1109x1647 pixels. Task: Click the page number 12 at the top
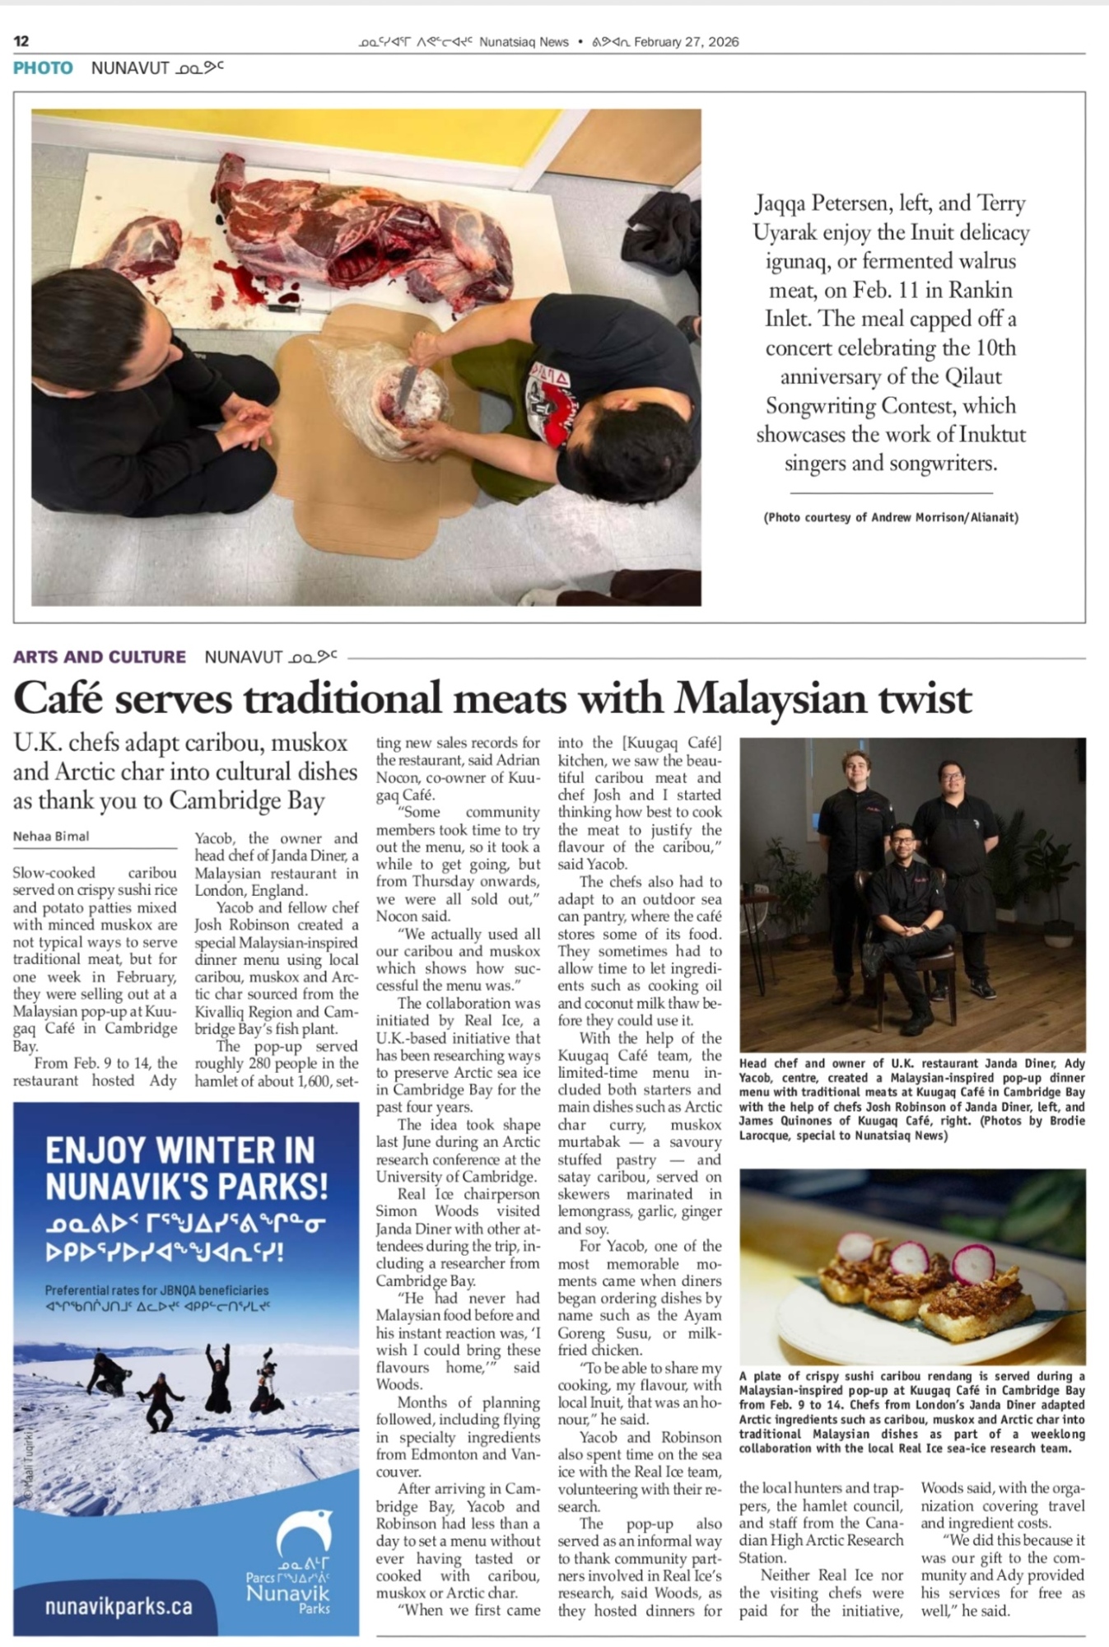tap(21, 41)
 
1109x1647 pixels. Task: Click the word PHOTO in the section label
tap(43, 68)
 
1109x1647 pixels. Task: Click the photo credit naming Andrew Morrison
tap(891, 517)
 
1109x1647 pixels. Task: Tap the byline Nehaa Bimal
tap(51, 837)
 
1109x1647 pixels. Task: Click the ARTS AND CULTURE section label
tap(100, 657)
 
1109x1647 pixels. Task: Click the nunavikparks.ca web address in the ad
tap(119, 1606)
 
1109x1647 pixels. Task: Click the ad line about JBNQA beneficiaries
tap(156, 1290)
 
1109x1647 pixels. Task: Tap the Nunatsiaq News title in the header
tap(524, 42)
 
